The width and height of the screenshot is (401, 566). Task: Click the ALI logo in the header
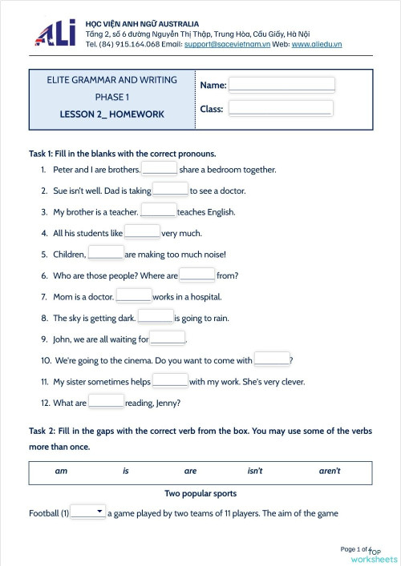tap(55, 34)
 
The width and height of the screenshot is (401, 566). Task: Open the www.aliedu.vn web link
tap(317, 44)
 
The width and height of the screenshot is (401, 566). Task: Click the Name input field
tap(282, 85)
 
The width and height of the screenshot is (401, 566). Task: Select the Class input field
tap(280, 108)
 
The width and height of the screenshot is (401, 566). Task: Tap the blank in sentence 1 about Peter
tap(160, 169)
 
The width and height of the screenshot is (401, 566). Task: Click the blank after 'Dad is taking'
tap(170, 190)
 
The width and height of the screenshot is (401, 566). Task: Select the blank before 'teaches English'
tap(159, 211)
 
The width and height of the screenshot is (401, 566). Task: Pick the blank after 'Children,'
tap(106, 254)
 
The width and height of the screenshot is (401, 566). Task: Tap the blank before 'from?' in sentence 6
tap(196, 275)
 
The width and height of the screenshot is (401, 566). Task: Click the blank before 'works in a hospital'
tap(134, 296)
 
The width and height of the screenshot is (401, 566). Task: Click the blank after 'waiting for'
tap(168, 339)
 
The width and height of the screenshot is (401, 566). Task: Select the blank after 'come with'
tap(271, 359)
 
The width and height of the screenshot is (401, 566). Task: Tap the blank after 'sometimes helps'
tap(170, 381)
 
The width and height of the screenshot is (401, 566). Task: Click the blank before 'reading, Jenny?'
tap(106, 402)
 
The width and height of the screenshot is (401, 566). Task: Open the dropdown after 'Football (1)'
tap(88, 512)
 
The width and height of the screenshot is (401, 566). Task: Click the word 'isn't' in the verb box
tap(255, 471)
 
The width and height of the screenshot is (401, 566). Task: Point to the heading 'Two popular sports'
tap(200, 493)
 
